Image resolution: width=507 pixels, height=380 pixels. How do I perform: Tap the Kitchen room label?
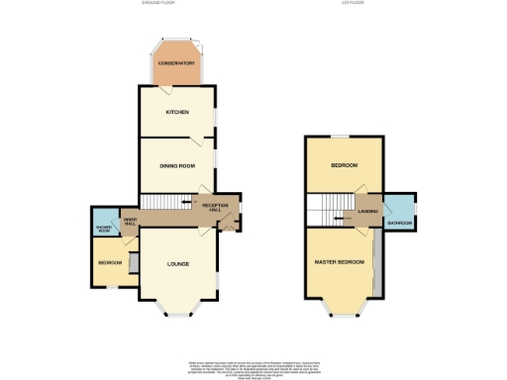coord(178,112)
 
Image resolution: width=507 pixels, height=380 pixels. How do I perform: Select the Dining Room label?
coord(178,165)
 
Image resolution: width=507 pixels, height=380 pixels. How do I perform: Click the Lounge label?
coord(178,264)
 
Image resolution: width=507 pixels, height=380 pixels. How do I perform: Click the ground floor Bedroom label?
coord(110,263)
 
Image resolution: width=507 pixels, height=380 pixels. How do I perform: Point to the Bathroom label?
coord(400,223)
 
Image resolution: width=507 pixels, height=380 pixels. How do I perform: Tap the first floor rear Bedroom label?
coord(344,165)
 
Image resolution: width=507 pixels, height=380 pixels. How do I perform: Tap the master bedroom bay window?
coord(343,316)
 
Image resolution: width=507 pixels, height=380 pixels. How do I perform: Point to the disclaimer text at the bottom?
coord(253,363)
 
